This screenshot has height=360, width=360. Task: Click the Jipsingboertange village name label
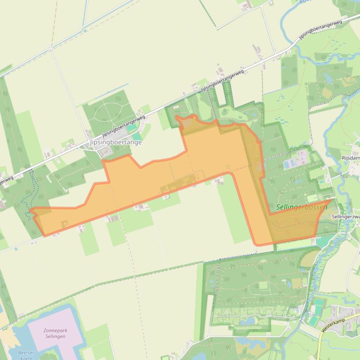pyautogui.click(x=115, y=142)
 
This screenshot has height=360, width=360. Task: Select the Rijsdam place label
pyautogui.click(x=351, y=158)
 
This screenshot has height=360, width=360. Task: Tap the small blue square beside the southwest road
pyautogui.click(x=16, y=249)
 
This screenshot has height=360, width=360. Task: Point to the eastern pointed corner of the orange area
pyautogui.click(x=331, y=200)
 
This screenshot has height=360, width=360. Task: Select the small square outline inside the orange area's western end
pyautogui.click(x=64, y=223)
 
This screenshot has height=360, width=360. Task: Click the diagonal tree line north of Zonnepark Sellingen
pyautogui.click(x=140, y=275)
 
